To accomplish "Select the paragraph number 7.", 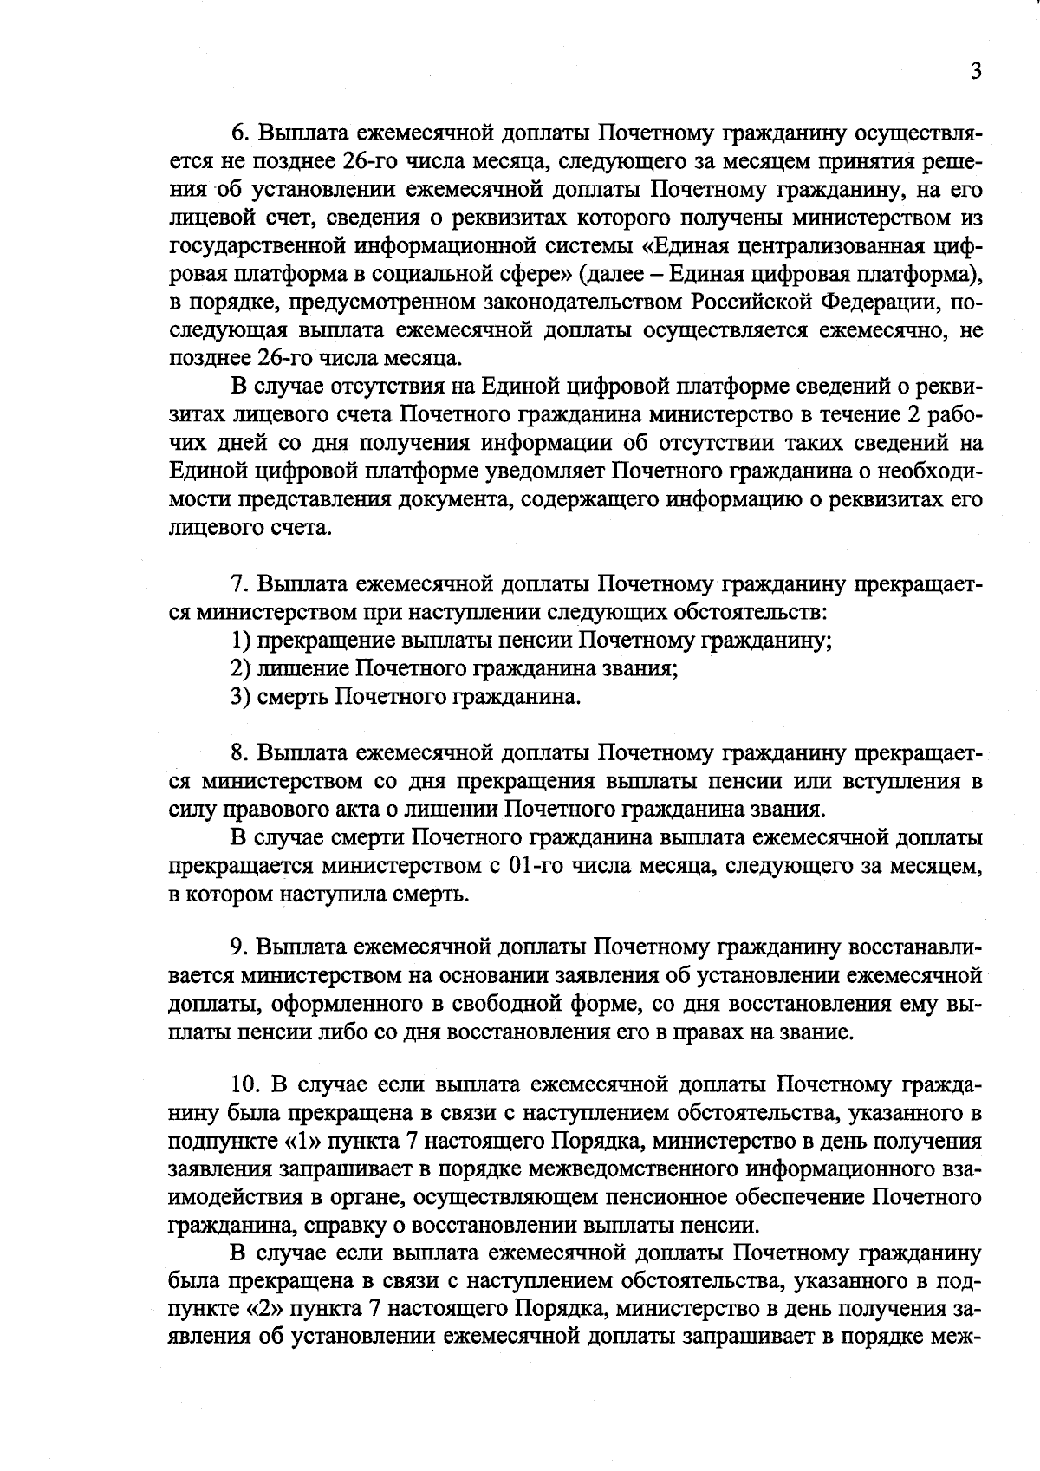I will tap(238, 583).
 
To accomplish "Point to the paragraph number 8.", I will tap(238, 752).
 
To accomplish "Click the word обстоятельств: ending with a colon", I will tap(755, 612).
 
